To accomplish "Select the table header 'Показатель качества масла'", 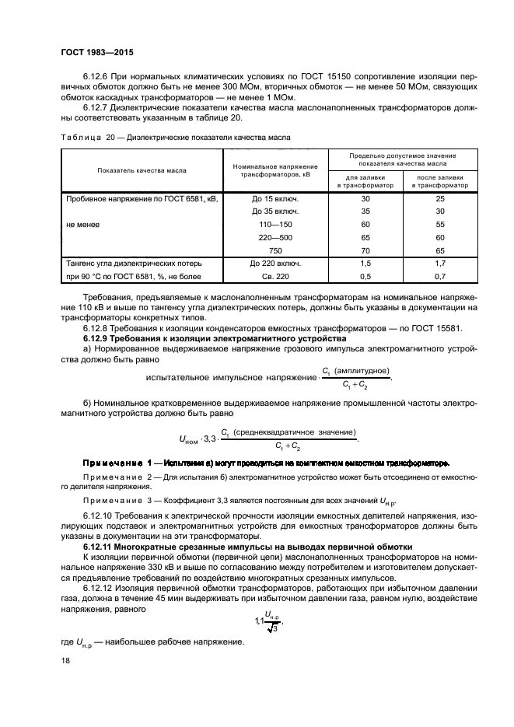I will click(x=147, y=170).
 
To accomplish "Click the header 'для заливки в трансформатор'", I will click(x=354, y=182).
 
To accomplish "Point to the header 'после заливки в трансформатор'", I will click(x=439, y=182).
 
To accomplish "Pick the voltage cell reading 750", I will click(x=275, y=250).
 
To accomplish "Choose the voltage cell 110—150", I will click(x=275, y=224).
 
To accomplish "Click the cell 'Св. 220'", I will click(x=275, y=276).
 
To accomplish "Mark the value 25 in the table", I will click(x=439, y=198).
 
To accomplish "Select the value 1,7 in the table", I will click(x=439, y=264).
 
